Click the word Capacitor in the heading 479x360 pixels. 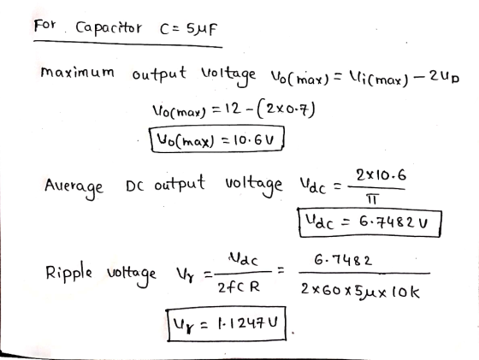coord(109,28)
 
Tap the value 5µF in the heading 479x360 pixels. coord(202,29)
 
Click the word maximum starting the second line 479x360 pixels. coord(78,72)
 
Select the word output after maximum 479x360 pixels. coord(159,74)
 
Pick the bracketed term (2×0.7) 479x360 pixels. coord(287,110)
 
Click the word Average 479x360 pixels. coord(74,186)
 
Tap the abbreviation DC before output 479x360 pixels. coord(135,186)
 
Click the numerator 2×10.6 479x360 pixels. coord(381,176)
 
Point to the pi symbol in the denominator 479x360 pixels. coord(372,199)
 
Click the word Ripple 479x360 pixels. coord(68,272)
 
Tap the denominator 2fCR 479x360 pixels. coord(239,287)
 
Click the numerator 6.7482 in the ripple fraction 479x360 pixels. coord(343,261)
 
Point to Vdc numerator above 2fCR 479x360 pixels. coord(243,260)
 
